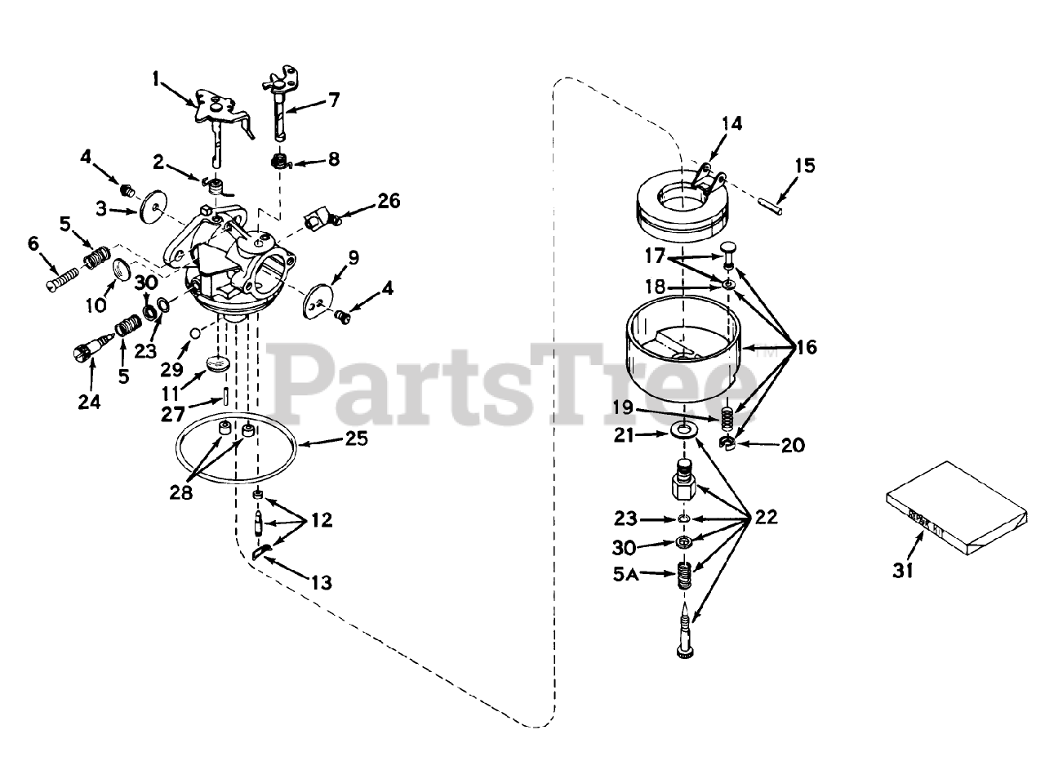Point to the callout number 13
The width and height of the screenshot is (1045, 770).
point(320,583)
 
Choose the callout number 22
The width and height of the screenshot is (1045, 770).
point(765,517)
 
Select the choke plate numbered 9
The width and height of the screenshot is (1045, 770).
point(318,299)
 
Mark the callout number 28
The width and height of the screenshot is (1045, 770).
point(180,494)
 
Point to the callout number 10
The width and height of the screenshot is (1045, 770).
point(97,305)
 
